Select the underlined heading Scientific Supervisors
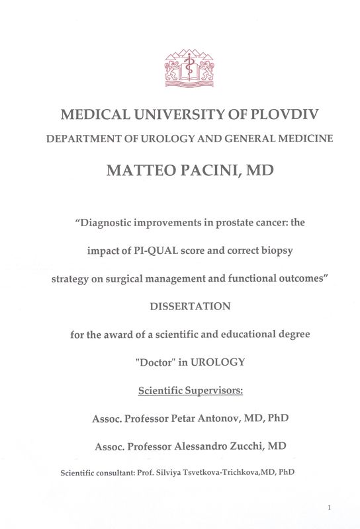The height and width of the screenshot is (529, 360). (x=191, y=390)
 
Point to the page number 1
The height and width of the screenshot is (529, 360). (x=329, y=507)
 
